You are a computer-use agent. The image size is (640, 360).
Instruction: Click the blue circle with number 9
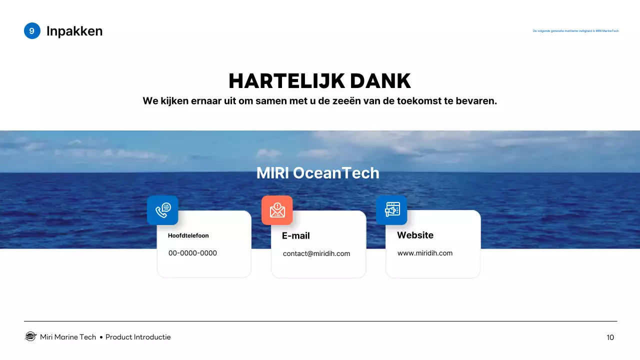(32, 31)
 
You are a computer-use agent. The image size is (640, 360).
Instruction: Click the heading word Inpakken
(74, 31)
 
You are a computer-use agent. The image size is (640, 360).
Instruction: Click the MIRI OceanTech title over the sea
(317, 173)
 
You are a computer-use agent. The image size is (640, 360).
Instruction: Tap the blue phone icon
(162, 210)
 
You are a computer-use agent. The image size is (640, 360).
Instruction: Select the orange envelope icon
(277, 210)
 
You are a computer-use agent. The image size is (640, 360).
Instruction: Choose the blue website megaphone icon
(391, 210)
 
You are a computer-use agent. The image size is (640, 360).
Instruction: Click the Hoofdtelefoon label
(188, 235)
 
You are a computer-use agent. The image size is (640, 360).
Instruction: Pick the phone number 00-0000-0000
(192, 253)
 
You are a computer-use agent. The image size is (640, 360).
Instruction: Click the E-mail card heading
(296, 235)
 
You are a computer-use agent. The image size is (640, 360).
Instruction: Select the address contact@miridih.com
(316, 253)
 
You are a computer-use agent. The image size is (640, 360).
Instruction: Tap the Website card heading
(415, 235)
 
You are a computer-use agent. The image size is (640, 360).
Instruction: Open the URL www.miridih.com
(425, 253)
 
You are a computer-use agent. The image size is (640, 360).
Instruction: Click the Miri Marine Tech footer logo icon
(31, 336)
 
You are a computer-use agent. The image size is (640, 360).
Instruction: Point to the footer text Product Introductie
(138, 337)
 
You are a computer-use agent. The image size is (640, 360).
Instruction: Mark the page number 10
(610, 337)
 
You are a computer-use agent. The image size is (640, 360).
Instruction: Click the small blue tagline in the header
(575, 31)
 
